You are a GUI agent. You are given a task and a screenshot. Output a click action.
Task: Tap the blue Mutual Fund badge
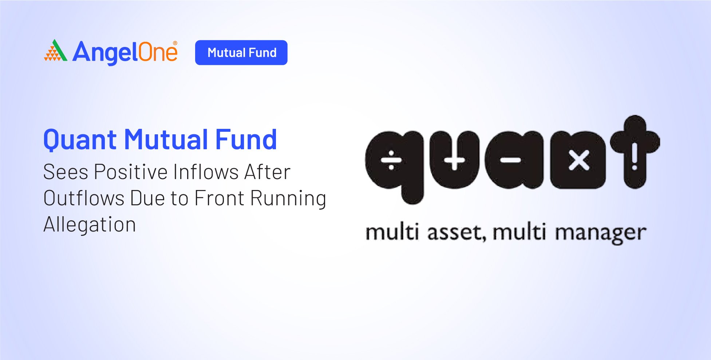pos(241,52)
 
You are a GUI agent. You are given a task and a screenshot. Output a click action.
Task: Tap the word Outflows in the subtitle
pos(84,198)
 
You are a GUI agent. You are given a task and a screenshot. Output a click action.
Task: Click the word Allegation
pos(90,225)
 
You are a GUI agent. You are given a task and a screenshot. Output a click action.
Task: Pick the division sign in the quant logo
pos(391,160)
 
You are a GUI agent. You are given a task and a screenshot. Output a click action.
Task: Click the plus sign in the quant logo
pos(454,160)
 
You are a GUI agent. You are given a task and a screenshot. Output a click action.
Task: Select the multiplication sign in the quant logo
pos(579,160)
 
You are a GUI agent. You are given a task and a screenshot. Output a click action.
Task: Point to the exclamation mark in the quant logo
pos(635,157)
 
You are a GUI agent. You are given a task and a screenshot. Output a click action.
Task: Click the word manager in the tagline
pos(601,233)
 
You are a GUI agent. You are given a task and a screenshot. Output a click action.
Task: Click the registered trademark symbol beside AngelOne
pos(175,43)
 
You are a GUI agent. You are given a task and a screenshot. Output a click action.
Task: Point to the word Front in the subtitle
pos(220,198)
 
